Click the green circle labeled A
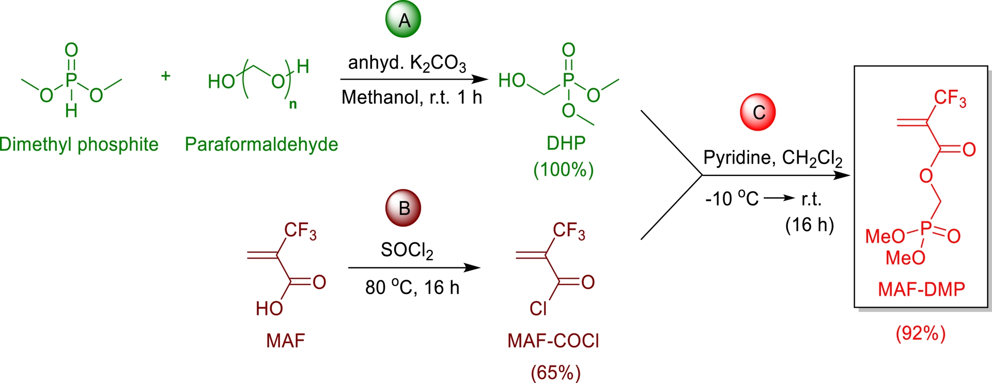pos(404,20)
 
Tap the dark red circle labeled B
pos(404,208)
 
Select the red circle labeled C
pos(758,112)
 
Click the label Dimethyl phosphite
pos(79,144)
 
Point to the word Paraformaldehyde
pos(261,144)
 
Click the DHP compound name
pos(566,143)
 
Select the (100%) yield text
pos(564,169)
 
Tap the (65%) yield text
pos(556,372)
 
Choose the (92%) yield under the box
pos(921,333)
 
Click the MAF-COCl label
pos(553,341)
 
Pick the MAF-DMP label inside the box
pos(922,289)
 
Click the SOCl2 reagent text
pos(407,250)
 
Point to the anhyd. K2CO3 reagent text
pos(407,63)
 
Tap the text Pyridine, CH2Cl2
pos(773,157)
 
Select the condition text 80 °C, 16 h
pos(412,288)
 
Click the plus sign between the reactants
pos(165,76)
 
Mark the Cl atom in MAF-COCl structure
pos(538,309)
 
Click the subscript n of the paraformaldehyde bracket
pos(293,104)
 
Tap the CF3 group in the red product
pos(950,98)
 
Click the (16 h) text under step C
pos(810,225)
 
